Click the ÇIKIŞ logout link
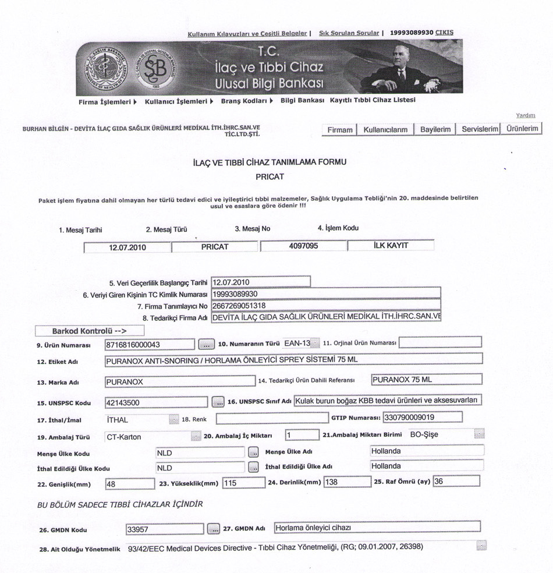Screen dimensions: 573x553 tap(444, 33)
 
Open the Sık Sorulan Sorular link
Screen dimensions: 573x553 tap(349, 33)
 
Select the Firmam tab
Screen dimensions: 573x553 tap(340, 130)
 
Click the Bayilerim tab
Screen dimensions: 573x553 tap(435, 130)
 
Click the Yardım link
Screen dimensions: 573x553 tap(525, 115)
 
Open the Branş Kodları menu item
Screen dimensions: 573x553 tap(247, 101)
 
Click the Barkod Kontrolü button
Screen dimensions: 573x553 tap(90, 331)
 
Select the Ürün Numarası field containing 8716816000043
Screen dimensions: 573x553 tap(149, 344)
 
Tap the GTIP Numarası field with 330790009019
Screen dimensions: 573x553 tap(421, 418)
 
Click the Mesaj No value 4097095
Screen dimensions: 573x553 tap(303, 246)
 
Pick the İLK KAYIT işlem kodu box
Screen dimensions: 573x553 tap(391, 246)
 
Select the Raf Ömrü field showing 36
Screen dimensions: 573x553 tap(456, 482)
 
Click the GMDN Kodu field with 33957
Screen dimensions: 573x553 tap(165, 529)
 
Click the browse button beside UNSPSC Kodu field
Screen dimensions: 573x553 tap(218, 401)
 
